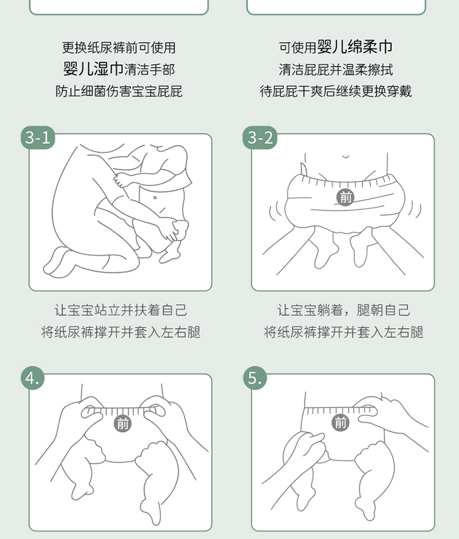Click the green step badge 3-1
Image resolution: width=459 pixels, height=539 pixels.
[38, 138]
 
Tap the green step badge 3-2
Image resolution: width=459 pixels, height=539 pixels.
[260, 138]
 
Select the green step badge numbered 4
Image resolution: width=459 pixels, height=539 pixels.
[33, 377]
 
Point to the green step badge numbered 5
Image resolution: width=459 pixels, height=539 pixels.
[255, 377]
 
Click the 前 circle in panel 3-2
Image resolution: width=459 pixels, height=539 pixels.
[345, 198]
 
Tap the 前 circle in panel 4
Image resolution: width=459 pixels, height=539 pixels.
[123, 423]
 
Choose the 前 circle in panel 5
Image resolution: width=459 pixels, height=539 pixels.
[340, 422]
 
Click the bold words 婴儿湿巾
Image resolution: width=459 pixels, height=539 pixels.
[93, 69]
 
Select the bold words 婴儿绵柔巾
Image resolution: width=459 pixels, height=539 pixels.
[354, 46]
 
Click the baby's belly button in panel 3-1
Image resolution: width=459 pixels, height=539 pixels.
[155, 198]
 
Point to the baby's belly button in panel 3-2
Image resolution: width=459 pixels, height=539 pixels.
[346, 157]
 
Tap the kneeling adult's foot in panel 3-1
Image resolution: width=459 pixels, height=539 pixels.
[57, 262]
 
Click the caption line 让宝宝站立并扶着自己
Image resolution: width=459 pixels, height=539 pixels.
[121, 310]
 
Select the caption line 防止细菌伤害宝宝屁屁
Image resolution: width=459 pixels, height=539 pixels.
[119, 91]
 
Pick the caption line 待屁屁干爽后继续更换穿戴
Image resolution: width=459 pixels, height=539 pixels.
[335, 91]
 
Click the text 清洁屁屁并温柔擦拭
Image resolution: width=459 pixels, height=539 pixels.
[335, 69]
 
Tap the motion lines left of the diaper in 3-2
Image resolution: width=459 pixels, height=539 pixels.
[275, 210]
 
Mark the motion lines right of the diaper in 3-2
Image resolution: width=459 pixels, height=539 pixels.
[415, 210]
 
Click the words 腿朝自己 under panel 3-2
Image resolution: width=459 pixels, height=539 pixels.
[383, 310]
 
